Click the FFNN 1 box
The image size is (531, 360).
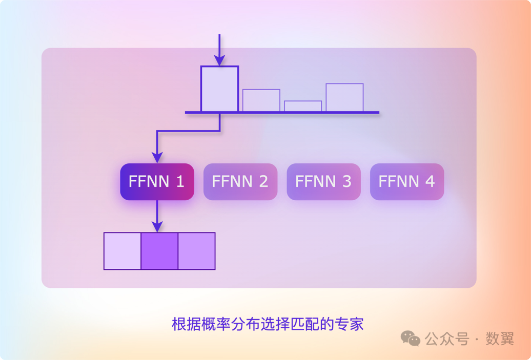[x=157, y=181]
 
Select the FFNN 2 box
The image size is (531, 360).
[x=240, y=181]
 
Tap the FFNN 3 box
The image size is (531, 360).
[x=323, y=181]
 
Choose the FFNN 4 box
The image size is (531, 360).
[x=406, y=181]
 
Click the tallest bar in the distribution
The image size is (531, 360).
[x=219, y=89]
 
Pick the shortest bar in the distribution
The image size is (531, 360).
[x=303, y=106]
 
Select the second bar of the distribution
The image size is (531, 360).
[x=261, y=100]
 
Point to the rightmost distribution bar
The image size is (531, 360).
[x=344, y=97]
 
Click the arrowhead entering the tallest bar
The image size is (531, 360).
[x=219, y=60]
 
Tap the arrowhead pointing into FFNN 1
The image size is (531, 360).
[x=157, y=157]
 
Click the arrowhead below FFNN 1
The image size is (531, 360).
[x=157, y=226]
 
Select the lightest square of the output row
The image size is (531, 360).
[x=122, y=251]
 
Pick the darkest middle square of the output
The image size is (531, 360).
[x=159, y=251]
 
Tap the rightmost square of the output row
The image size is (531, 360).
[x=196, y=251]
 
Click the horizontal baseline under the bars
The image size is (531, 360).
[x=282, y=112]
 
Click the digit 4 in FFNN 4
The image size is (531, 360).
[x=430, y=181]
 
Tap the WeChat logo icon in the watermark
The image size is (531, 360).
[x=410, y=338]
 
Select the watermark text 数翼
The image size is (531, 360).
[x=500, y=338]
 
